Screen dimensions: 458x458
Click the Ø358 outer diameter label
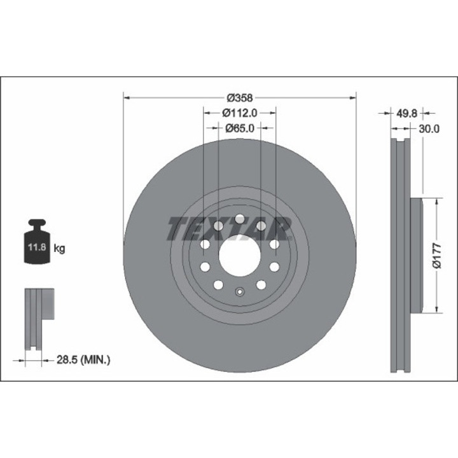coord(240,98)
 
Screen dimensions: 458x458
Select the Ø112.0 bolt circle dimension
coord(240,113)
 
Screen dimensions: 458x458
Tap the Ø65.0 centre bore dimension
coord(240,128)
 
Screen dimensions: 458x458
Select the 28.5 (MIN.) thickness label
coord(82,360)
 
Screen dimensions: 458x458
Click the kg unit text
coord(59,248)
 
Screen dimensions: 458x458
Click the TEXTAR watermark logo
coord(229,228)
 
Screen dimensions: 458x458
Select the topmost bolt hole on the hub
coord(239,219)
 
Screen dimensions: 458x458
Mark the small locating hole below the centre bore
coord(239,293)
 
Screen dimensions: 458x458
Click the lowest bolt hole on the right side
coord(260,285)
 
